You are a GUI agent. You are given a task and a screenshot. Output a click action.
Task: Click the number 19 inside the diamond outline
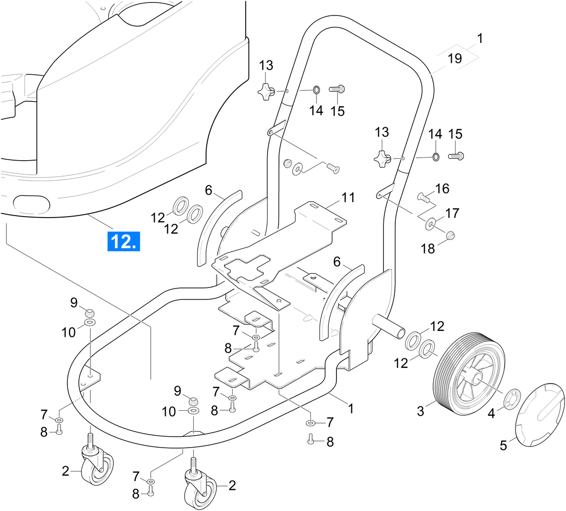455,58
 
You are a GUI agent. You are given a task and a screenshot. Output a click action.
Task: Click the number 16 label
442,189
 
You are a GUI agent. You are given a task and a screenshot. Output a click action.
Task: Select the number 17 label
452,213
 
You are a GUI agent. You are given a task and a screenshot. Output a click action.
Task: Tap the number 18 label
428,249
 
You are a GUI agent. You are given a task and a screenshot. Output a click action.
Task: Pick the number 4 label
491,413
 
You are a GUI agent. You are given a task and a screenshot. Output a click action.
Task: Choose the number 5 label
503,445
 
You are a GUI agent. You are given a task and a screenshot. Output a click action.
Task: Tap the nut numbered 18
449,235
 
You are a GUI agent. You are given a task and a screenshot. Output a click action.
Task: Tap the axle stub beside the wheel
391,326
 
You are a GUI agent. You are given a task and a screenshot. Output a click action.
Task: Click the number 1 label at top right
480,38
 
